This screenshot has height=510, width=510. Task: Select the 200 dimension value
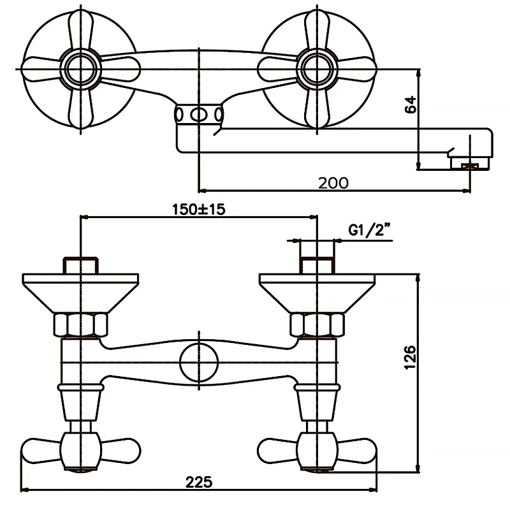[333, 182]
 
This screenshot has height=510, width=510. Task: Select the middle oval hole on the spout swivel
[200, 115]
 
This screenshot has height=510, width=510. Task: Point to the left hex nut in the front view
[80, 324]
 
